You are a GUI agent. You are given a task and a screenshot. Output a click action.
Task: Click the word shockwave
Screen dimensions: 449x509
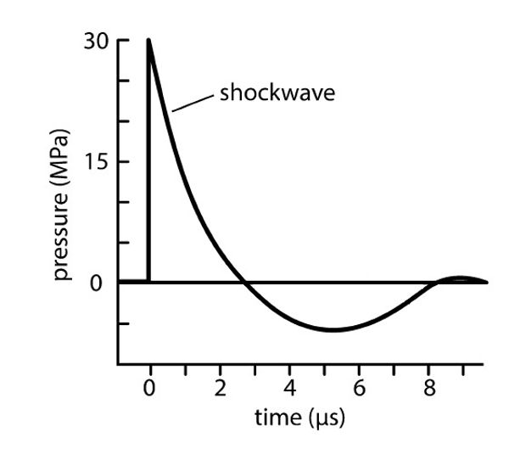(277, 93)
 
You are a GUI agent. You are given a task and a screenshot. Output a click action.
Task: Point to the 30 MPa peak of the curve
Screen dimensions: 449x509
(149, 40)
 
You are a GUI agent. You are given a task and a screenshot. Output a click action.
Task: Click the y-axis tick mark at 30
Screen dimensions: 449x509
(123, 41)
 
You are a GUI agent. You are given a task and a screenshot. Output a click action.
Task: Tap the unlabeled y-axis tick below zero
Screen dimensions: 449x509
(123, 323)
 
